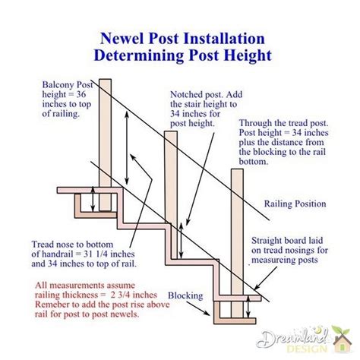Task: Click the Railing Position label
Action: tap(295, 204)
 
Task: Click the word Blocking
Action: tap(185, 296)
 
